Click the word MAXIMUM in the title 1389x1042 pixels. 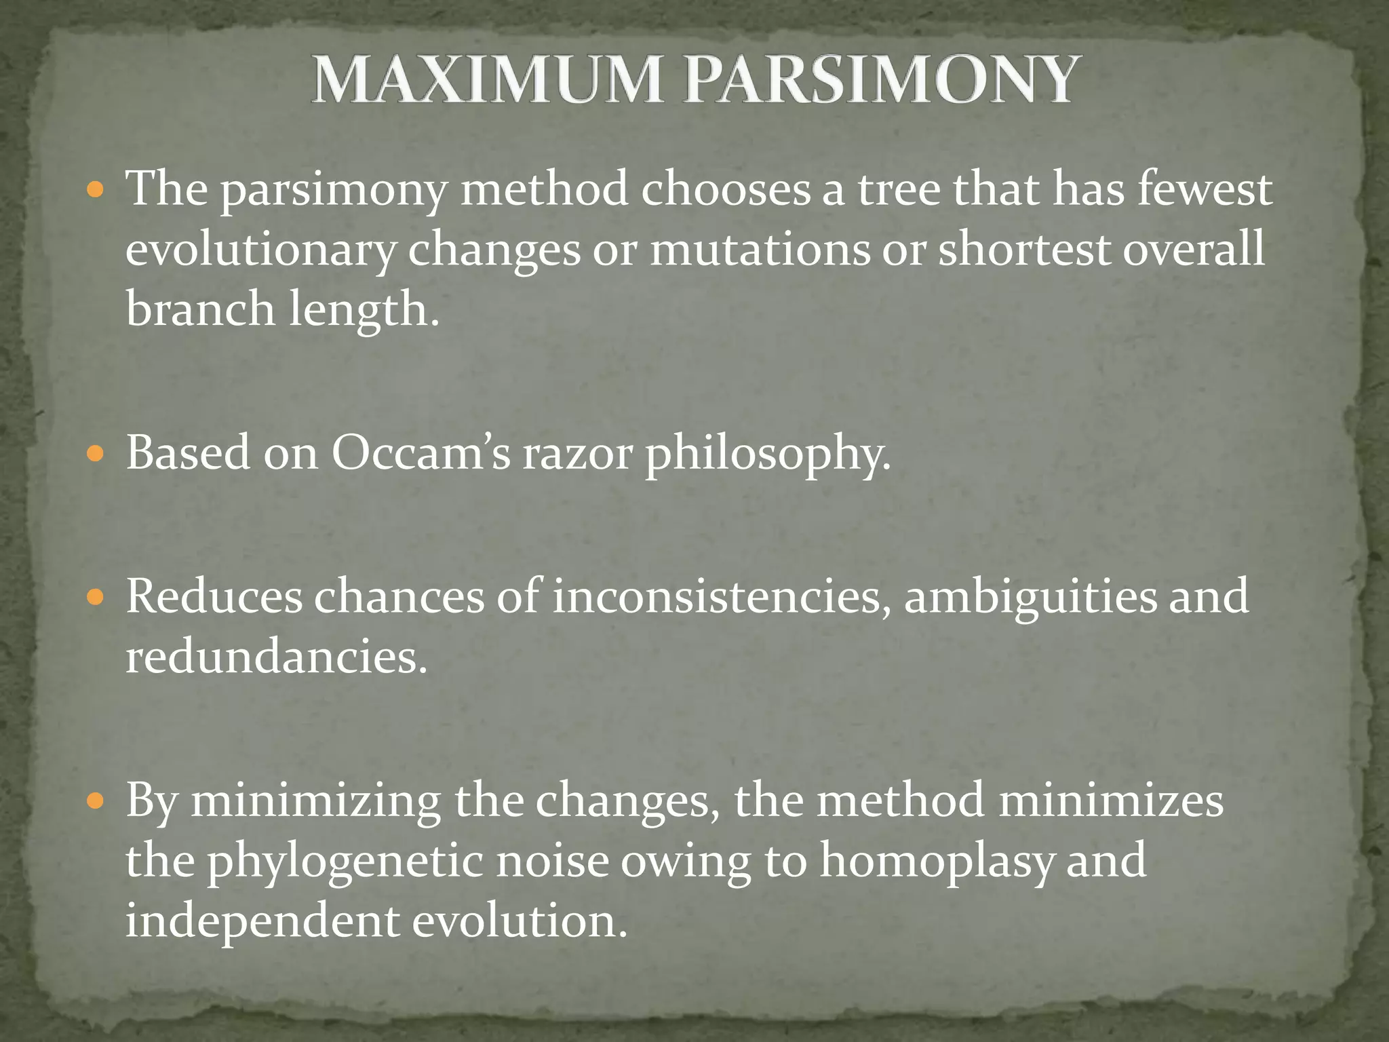point(486,80)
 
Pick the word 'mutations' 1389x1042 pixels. point(760,249)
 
